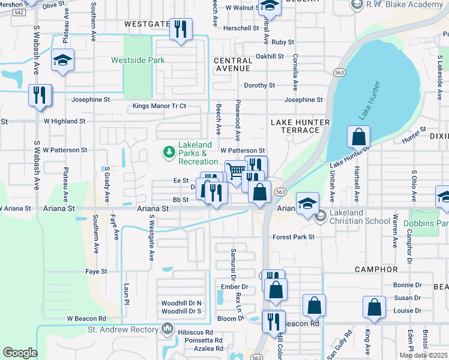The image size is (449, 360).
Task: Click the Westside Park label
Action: [x=137, y=60]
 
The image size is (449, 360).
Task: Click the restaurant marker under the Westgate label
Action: [x=181, y=29]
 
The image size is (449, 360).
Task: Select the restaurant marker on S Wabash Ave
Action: [x=40, y=96]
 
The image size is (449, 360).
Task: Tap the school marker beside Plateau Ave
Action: [x=62, y=60]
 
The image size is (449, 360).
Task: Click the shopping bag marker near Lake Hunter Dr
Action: [x=358, y=137]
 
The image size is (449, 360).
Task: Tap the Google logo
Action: [x=20, y=353]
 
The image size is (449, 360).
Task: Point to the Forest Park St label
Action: [x=294, y=237]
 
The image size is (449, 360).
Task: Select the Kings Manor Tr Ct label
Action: [x=159, y=106]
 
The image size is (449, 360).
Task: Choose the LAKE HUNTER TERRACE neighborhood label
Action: [x=300, y=126]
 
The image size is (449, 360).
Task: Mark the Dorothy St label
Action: [x=259, y=85]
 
